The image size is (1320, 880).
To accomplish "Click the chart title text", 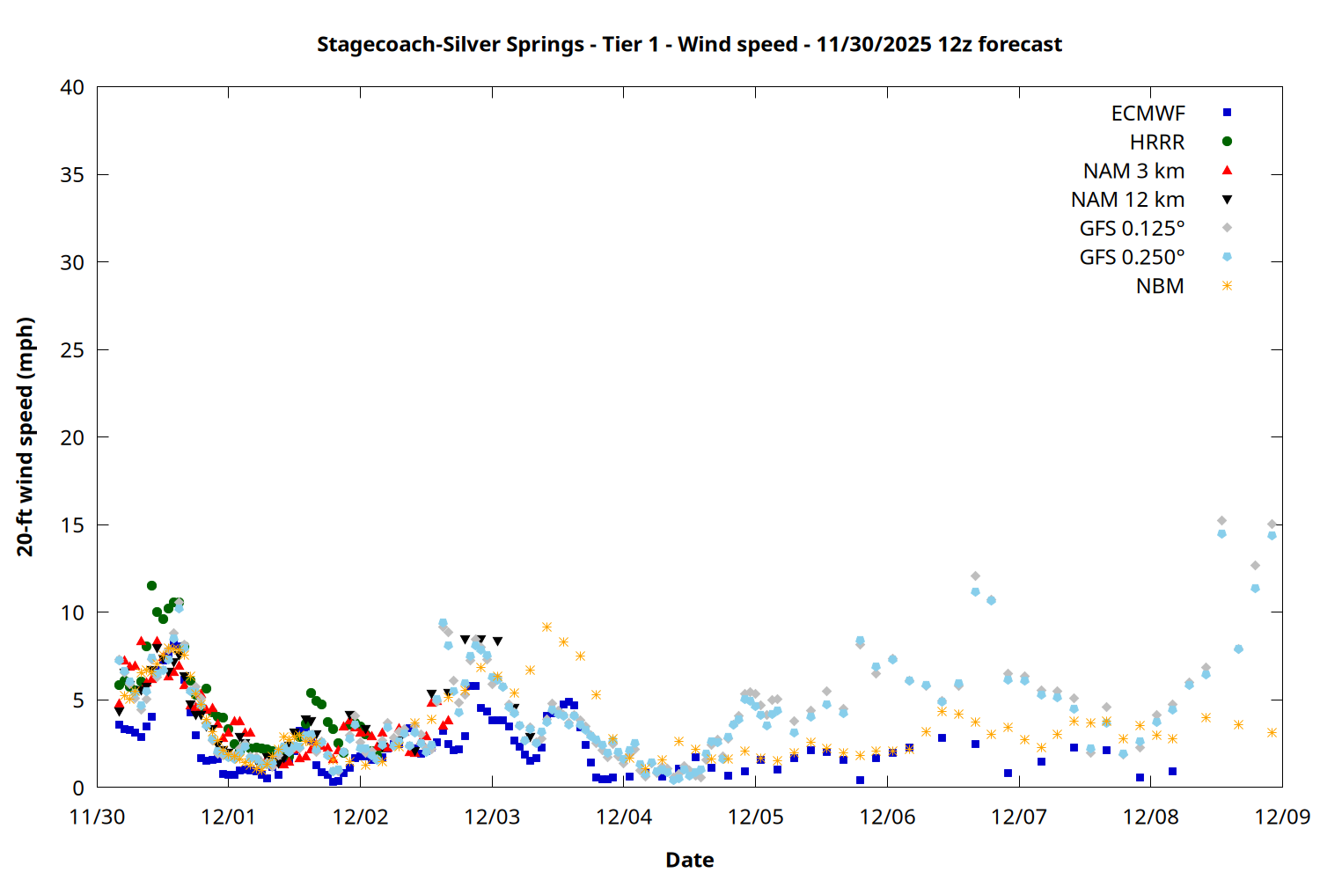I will point(689,44).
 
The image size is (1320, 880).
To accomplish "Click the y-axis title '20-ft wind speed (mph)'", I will point(26,436).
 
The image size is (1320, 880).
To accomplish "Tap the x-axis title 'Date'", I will point(689,860).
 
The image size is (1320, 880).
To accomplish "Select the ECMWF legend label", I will point(1148,114).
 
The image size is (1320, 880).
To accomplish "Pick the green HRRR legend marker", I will point(1227,142).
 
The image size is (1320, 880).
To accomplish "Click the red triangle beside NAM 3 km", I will point(1227,171).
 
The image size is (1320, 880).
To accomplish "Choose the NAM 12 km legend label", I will point(1127,200).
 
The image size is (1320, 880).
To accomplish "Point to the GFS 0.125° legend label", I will point(1132,229).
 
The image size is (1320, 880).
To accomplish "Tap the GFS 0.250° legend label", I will point(1132,258).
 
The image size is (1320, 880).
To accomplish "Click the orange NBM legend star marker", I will point(1227,286).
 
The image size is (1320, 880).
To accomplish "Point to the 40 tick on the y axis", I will point(73,87).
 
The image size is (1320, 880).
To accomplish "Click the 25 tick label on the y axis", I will point(73,350).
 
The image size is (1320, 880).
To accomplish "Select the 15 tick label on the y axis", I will point(73,525).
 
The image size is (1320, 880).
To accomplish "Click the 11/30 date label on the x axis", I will point(97,817).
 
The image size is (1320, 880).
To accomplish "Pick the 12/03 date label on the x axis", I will point(492,817).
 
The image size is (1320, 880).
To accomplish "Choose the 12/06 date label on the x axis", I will point(887,817).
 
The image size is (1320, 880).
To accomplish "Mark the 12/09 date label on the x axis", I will point(1282,817).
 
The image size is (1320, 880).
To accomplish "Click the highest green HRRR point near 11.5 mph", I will point(151,585).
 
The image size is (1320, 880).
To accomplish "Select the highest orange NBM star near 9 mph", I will point(546,627).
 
